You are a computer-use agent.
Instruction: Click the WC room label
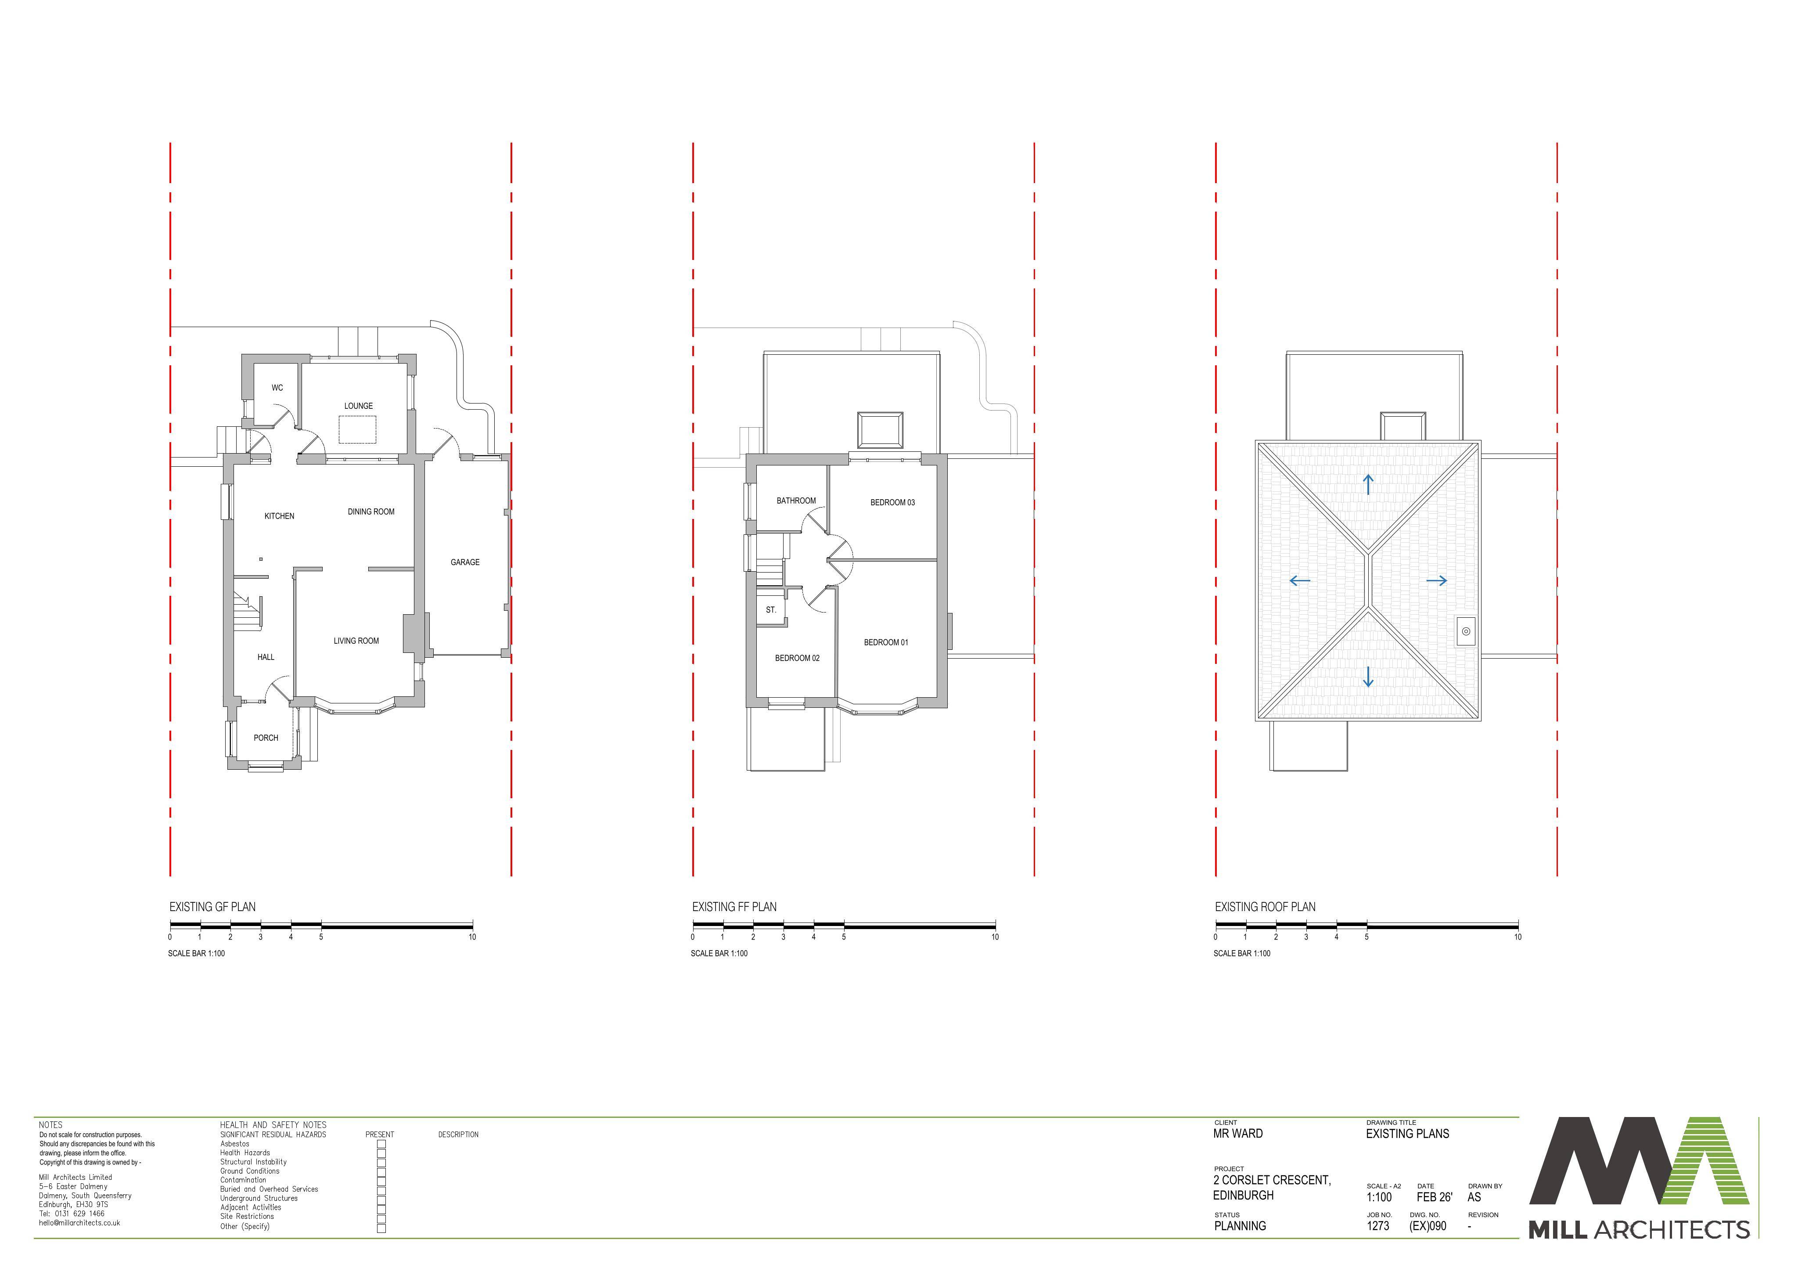(x=277, y=388)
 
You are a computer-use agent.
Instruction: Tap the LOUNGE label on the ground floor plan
(x=359, y=406)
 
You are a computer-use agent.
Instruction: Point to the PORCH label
(x=266, y=738)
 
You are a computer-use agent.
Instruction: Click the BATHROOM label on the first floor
(x=796, y=501)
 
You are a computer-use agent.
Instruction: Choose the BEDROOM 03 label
(x=893, y=502)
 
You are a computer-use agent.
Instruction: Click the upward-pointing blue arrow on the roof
(x=1368, y=484)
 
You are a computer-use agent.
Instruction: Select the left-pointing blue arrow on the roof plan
(x=1300, y=580)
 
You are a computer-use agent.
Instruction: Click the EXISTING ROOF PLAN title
(x=1266, y=907)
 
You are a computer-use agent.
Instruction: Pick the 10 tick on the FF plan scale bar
(x=995, y=937)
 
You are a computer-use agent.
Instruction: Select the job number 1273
(x=1378, y=1226)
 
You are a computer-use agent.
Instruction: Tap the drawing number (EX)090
(x=1428, y=1226)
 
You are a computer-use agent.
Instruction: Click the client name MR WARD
(x=1238, y=1133)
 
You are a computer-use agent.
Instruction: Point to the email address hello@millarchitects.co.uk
(x=80, y=1223)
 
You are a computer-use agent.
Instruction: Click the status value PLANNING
(x=1241, y=1226)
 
